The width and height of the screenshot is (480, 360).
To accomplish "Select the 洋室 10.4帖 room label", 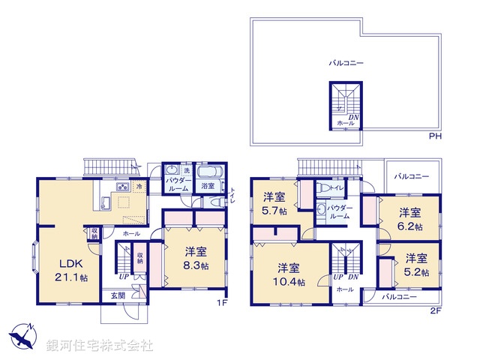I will pyautogui.click(x=289, y=274).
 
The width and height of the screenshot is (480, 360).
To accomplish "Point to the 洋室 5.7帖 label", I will pyautogui.click(x=274, y=203).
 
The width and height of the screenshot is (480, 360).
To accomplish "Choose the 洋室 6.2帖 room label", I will pyautogui.click(x=409, y=218).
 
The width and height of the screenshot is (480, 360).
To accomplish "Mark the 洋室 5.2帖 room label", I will pyautogui.click(x=416, y=264).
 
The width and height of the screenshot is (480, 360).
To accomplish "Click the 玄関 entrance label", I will pyautogui.click(x=109, y=295).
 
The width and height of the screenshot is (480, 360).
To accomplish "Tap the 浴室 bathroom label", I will pyautogui.click(x=207, y=186).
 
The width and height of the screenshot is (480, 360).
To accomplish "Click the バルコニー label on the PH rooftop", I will pyautogui.click(x=346, y=64).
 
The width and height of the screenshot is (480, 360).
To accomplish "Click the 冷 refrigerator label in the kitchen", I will pyautogui.click(x=139, y=185).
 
